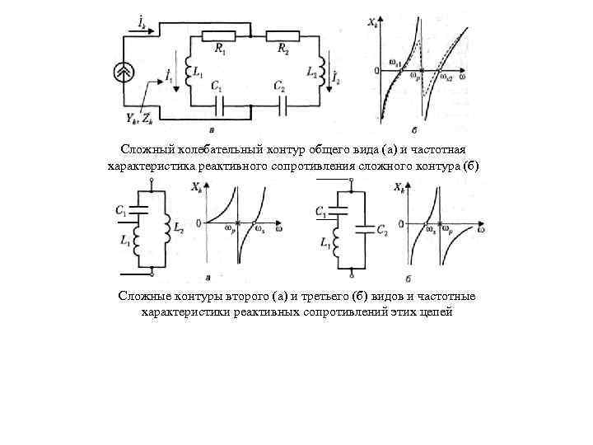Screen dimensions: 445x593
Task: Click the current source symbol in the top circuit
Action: click(124, 73)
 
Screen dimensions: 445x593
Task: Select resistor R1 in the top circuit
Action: click(220, 35)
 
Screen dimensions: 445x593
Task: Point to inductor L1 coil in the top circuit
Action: click(189, 67)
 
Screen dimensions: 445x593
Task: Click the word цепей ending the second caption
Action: click(436, 312)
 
